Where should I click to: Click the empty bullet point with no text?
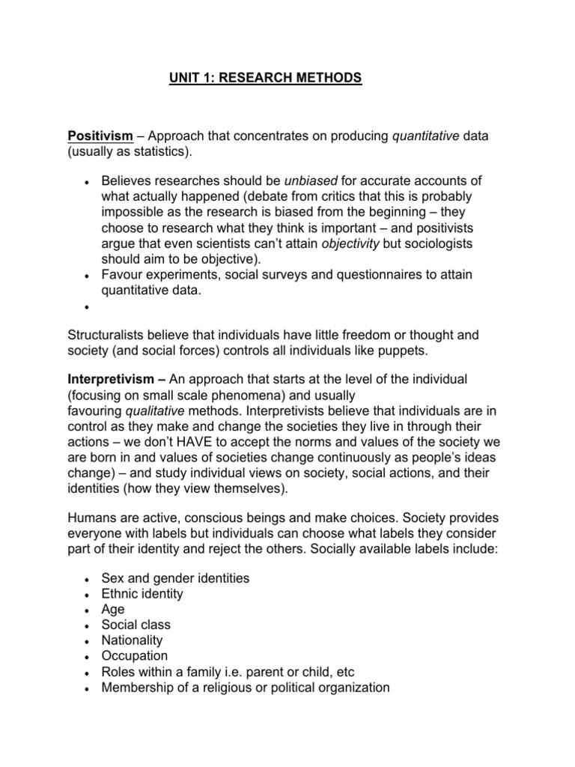pos(88,308)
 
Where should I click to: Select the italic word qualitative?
pos(155,410)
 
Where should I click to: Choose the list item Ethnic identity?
pos(142,594)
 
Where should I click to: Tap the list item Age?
pos(113,609)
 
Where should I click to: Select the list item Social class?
pos(136,625)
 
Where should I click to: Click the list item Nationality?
pos(133,640)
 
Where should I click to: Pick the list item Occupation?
pos(135,656)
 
